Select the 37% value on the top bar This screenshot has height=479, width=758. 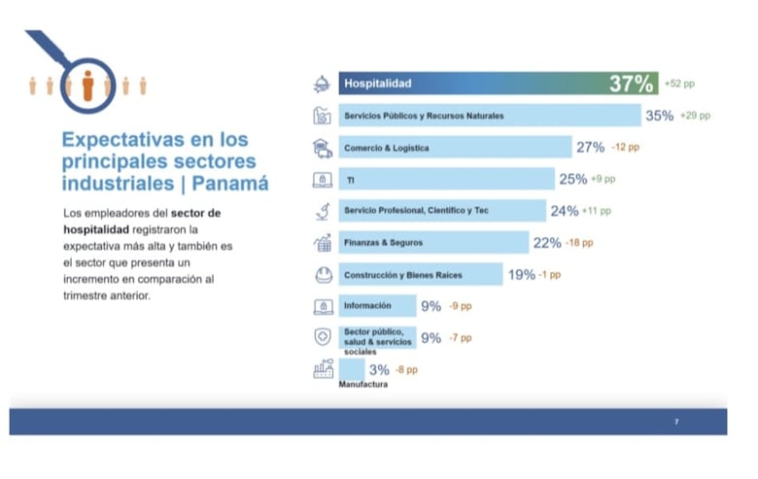point(631,85)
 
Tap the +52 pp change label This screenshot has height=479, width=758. point(679,85)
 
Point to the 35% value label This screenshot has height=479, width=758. point(659,116)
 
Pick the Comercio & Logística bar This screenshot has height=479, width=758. point(455,148)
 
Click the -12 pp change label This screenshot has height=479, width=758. point(626,148)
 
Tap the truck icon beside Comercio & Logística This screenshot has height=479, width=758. point(323,148)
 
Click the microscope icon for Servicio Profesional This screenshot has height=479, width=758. point(323,211)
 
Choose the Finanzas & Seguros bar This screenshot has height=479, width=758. point(432,242)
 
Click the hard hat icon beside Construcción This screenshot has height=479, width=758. point(323,274)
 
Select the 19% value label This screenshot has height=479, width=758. point(521,275)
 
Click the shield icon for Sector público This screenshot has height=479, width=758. point(323,337)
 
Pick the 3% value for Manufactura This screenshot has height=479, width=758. point(379,369)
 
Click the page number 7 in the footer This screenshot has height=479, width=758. point(675,422)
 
